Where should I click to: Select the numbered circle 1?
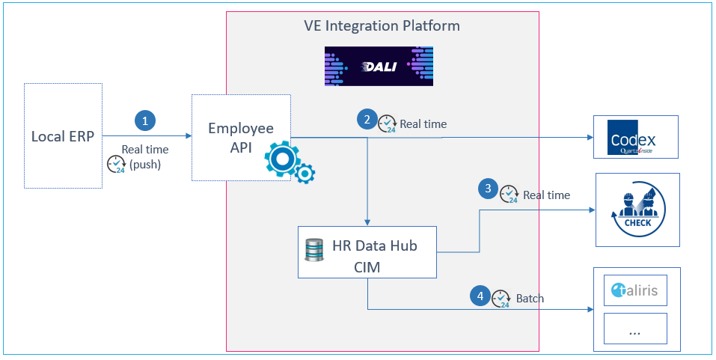[x=146, y=121]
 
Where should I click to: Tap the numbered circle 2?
[x=367, y=119]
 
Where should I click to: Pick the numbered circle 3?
[x=488, y=189]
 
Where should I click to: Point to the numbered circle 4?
[x=480, y=296]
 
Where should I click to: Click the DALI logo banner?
[x=379, y=67]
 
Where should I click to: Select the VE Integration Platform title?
[x=382, y=25]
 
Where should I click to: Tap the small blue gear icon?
[x=305, y=174]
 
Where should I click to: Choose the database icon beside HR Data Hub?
[x=314, y=251]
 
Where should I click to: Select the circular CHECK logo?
[x=638, y=210]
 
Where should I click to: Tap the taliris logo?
[x=634, y=290]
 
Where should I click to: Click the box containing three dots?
[x=635, y=329]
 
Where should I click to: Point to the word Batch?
[x=530, y=299]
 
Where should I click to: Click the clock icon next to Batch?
[x=501, y=299]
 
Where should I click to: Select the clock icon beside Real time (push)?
[x=116, y=165]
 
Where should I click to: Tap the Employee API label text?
[x=241, y=138]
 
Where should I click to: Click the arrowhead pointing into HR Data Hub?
[x=367, y=222]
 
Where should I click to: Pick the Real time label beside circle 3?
[x=547, y=195]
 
